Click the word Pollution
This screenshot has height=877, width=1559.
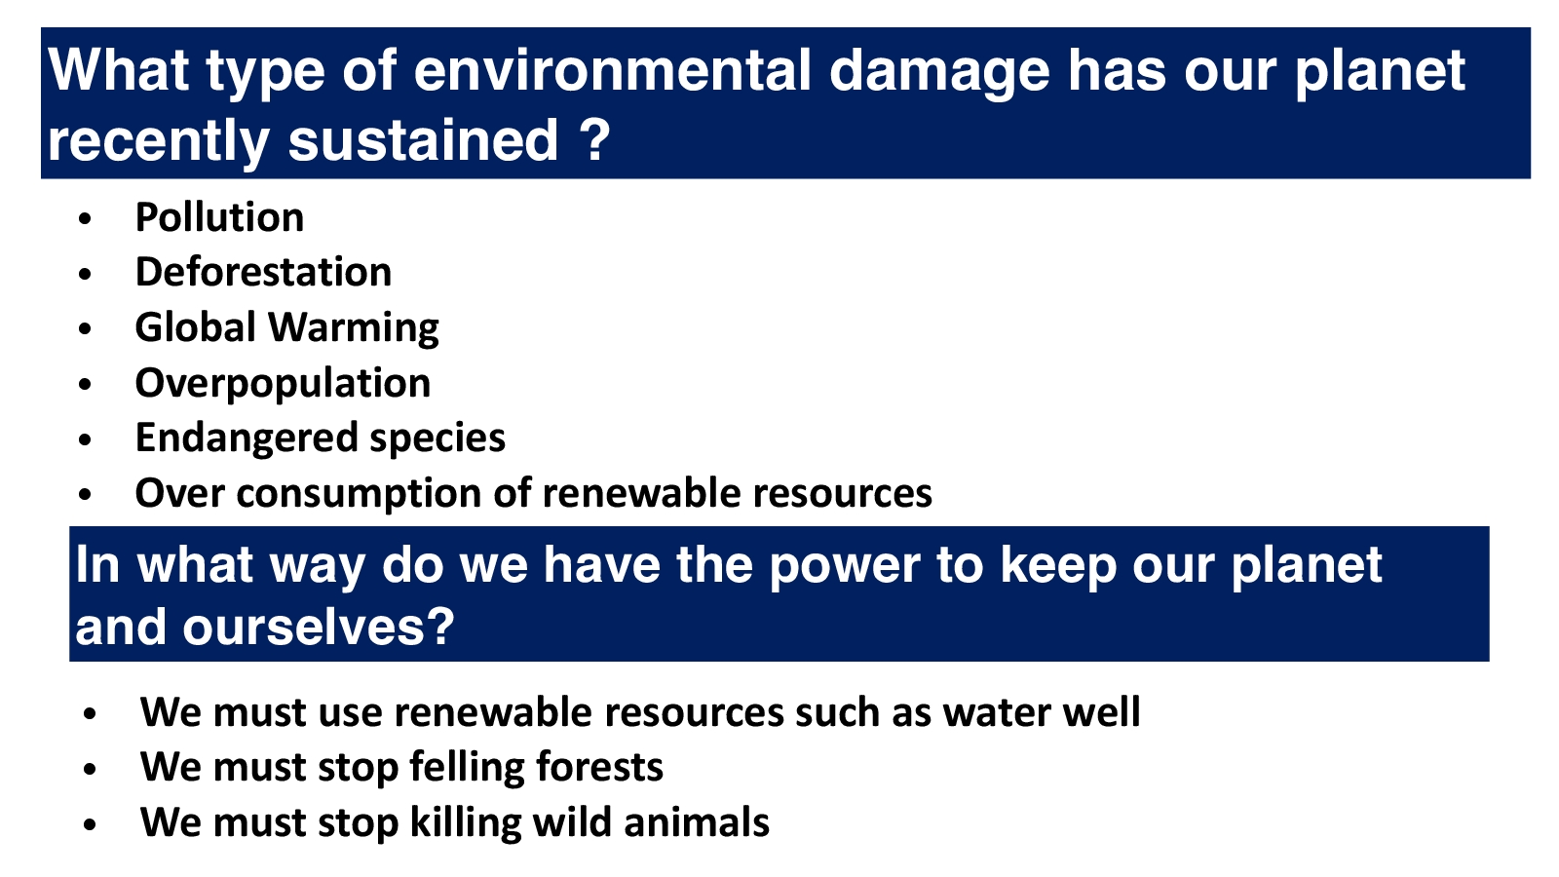(219, 217)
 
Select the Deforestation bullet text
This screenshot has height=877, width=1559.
(263, 272)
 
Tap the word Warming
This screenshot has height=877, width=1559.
(354, 328)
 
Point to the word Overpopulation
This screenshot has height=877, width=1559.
(283, 384)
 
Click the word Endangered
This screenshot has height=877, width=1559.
(247, 439)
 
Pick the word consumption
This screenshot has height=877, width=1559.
(360, 495)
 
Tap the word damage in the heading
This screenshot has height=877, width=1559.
(939, 72)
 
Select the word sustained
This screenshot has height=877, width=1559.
(423, 139)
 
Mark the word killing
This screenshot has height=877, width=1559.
(466, 823)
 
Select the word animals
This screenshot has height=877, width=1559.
(697, 822)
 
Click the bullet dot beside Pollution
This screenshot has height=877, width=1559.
(85, 219)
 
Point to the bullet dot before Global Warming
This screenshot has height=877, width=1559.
(85, 329)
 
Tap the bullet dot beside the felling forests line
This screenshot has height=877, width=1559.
(89, 770)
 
